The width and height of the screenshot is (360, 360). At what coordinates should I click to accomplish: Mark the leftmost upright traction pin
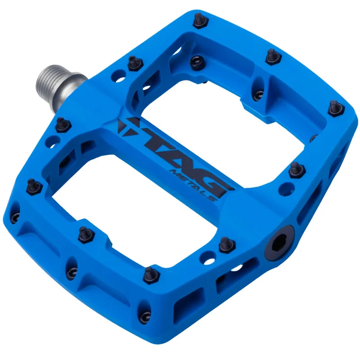click(x=32, y=184)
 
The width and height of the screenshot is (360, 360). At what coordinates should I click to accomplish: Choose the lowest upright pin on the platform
click(x=148, y=273)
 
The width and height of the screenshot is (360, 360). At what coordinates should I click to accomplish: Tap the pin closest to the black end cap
click(x=225, y=243)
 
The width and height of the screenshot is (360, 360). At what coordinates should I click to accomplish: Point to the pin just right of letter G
click(x=295, y=169)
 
